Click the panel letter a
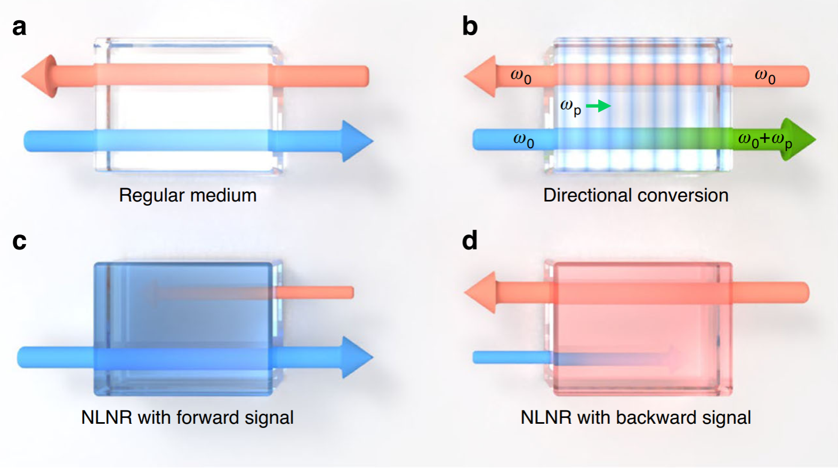coord(19,27)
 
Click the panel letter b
coord(470,26)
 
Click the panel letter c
coord(19,241)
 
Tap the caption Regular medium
coord(188,195)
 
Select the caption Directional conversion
coord(635,195)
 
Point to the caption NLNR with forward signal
coord(187,417)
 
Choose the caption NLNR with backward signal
coord(635,417)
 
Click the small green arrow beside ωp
coord(599,106)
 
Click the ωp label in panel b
coord(570,107)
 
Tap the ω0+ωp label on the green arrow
coord(764,140)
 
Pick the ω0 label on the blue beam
coord(523,140)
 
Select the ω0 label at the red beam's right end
coord(765,76)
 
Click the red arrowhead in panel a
coord(41,76)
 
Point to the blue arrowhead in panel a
coord(356,141)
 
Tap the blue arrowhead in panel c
coord(356,357)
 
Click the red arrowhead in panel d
coord(481,292)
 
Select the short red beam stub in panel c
coord(314,292)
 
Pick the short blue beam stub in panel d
coord(512,357)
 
